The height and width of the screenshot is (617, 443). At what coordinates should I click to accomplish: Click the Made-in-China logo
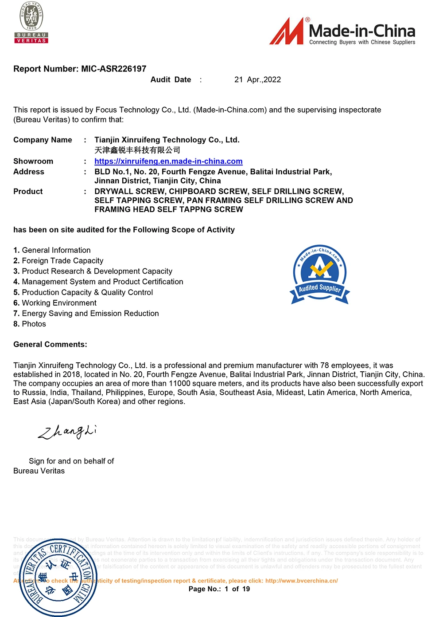tap(342, 31)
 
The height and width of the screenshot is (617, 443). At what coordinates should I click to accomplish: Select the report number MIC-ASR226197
tap(113, 69)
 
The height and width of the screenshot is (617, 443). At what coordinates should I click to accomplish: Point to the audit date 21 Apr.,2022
tap(257, 80)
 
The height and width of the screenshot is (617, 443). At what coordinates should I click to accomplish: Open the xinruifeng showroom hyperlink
tap(168, 161)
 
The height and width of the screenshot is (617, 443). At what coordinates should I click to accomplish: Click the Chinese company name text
tap(137, 150)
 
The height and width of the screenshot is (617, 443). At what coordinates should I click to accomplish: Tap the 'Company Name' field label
tap(43, 140)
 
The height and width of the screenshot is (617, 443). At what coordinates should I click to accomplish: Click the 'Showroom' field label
tap(33, 161)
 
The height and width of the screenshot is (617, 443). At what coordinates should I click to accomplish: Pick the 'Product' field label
tap(28, 192)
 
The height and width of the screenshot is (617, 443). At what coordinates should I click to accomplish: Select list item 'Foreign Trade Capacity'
tap(62, 261)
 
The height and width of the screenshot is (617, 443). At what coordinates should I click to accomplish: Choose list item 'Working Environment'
tap(59, 303)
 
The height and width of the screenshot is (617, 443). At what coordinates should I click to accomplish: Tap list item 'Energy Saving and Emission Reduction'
tap(90, 314)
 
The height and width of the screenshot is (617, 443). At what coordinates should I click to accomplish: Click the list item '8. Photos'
tap(30, 324)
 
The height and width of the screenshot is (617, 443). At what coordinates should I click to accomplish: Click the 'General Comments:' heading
tap(50, 345)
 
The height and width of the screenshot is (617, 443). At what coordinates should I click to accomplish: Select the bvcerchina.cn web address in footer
tap(301, 581)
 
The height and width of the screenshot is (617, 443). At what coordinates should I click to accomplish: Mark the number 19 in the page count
tap(246, 589)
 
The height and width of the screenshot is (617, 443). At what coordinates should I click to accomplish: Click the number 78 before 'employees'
tap(325, 365)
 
